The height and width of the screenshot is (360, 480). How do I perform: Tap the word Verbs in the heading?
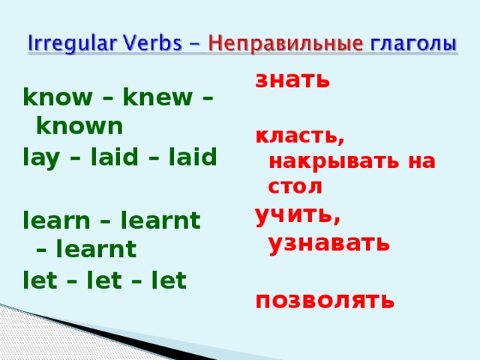143,44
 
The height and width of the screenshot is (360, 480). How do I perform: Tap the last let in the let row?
169,280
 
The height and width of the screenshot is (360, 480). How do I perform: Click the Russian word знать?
292,79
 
